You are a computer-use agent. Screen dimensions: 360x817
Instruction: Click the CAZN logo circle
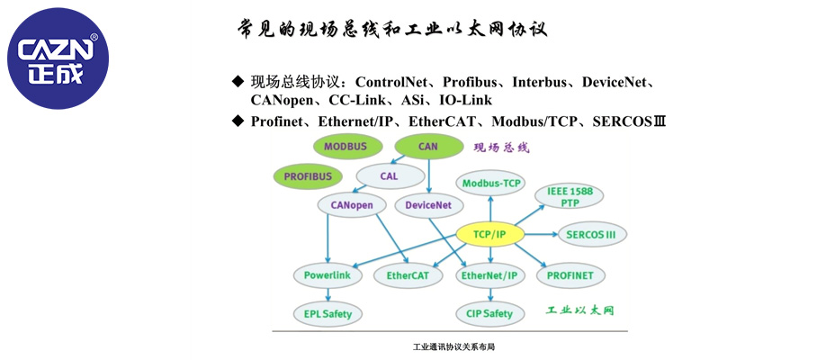click(58, 58)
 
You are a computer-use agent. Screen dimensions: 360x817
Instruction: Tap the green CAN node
click(427, 146)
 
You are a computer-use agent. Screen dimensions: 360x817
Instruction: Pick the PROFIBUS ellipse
click(308, 176)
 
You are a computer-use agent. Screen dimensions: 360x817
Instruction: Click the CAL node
click(389, 175)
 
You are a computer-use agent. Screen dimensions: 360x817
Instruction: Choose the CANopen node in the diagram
click(352, 205)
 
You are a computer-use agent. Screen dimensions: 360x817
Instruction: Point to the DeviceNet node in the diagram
click(428, 205)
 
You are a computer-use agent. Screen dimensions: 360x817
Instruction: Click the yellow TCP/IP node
click(490, 234)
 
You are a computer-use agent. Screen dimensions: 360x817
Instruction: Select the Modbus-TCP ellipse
click(491, 184)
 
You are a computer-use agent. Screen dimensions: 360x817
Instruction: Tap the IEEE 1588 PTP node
click(570, 195)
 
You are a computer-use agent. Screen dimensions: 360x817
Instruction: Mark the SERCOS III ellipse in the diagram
click(591, 235)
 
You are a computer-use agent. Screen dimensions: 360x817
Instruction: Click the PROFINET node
click(570, 274)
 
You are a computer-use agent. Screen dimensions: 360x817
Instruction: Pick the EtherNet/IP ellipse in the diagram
click(490, 274)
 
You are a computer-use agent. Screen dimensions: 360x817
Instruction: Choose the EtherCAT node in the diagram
click(408, 274)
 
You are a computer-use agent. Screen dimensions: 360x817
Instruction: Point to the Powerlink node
click(328, 274)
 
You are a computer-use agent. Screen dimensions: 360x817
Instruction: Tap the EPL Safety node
click(328, 314)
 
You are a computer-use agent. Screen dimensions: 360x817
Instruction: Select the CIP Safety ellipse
click(490, 314)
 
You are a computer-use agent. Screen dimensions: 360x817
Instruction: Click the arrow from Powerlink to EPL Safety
click(328, 294)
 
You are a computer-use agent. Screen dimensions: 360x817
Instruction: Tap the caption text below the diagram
click(454, 346)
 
